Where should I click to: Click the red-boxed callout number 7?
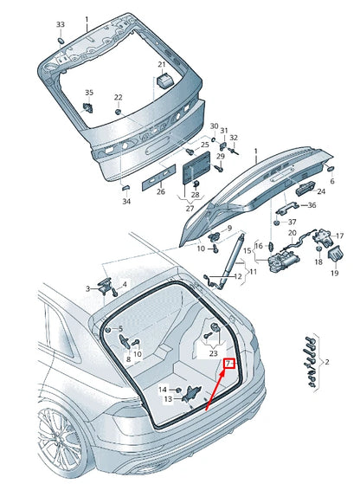229,364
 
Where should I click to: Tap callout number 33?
60,24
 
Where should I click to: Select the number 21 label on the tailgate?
161,64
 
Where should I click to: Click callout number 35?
88,93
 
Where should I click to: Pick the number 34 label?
126,202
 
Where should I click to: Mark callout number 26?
160,192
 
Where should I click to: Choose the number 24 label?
321,191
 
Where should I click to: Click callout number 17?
339,236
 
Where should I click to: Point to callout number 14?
162,390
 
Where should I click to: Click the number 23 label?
214,353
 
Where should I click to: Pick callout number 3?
87,288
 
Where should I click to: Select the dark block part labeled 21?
166,80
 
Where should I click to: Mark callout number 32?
233,139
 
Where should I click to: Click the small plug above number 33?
60,40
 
